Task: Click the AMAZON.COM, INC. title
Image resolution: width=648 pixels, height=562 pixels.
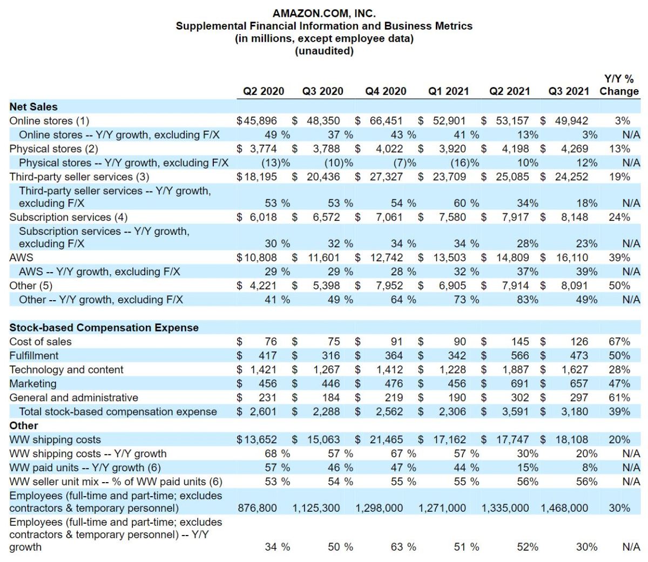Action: pyautogui.click(x=324, y=13)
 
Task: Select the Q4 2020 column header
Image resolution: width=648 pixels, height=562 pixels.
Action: pyautogui.click(x=386, y=91)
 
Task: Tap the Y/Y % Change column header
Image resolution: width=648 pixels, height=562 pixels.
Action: pyautogui.click(x=619, y=85)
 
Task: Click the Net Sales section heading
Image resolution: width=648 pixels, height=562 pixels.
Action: pyautogui.click(x=33, y=107)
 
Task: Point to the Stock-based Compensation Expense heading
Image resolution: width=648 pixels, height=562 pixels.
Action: pyautogui.click(x=104, y=328)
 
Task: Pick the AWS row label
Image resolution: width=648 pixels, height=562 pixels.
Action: pyautogui.click(x=21, y=258)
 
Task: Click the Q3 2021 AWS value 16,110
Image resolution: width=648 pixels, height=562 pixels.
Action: pyautogui.click(x=572, y=258)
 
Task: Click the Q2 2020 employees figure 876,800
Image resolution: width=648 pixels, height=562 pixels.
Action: pyautogui.click(x=257, y=508)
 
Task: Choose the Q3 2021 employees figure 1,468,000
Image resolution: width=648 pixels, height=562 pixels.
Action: pyautogui.click(x=564, y=508)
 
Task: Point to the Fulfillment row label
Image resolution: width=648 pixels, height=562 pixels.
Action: pyautogui.click(x=34, y=356)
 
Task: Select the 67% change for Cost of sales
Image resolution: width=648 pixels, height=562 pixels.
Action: pyautogui.click(x=619, y=342)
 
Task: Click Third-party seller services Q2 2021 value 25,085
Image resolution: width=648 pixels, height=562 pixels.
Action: pyautogui.click(x=512, y=177)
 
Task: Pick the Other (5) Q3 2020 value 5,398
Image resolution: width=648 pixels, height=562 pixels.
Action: pyautogui.click(x=326, y=286)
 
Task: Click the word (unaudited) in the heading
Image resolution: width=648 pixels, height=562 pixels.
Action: pyautogui.click(x=324, y=51)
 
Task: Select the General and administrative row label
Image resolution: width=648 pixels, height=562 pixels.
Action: pyautogui.click(x=74, y=398)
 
